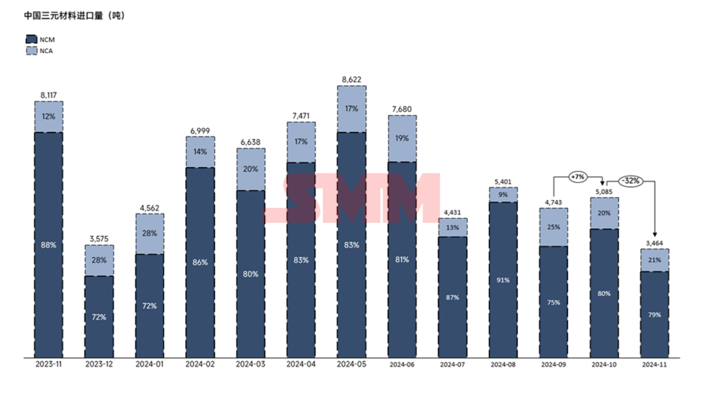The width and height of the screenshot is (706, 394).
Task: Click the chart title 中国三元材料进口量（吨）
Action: [74, 16]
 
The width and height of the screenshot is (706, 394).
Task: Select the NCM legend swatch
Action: [31, 39]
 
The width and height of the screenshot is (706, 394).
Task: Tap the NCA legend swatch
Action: [31, 50]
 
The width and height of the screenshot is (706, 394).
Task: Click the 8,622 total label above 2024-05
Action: [352, 79]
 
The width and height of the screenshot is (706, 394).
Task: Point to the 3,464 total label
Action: [654, 243]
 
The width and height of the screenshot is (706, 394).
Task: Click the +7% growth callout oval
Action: [578, 176]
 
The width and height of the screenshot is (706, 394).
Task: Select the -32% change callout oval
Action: [630, 180]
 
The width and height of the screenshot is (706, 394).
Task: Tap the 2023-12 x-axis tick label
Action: [99, 363]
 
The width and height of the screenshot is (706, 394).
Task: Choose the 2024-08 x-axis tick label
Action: [503, 363]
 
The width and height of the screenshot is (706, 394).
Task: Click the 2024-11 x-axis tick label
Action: [654, 363]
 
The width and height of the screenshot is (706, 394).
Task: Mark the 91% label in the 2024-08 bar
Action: [503, 280]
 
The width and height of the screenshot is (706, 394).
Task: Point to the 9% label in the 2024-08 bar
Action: [503, 194]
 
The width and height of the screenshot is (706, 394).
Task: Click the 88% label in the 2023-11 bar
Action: [48, 244]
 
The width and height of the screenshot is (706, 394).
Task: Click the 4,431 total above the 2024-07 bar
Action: [452, 212]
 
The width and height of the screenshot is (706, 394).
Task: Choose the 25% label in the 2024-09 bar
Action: [554, 227]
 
